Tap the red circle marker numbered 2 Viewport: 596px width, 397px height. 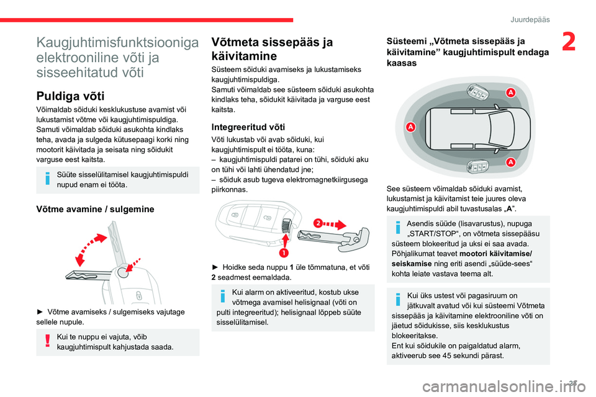pos(318,223)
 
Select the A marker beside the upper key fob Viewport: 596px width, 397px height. pos(510,92)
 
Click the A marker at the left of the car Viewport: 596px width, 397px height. pos(410,127)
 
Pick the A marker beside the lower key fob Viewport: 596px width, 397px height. pos(510,163)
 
